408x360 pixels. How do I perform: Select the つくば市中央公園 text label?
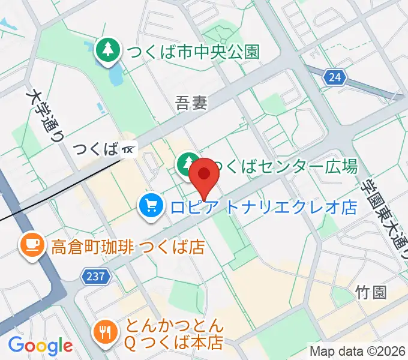pos(191,52)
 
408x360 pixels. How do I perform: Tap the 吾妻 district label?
pos(191,104)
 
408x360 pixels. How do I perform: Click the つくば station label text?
pos(95,149)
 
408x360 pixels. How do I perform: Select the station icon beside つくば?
pos(129,149)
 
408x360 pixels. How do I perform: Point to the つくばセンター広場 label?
pos(286,166)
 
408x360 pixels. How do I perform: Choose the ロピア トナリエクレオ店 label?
pos(264,208)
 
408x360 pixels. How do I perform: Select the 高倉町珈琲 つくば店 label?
pos(128,246)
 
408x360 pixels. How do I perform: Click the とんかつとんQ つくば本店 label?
pos(174,335)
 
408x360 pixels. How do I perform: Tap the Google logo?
pos(40,346)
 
